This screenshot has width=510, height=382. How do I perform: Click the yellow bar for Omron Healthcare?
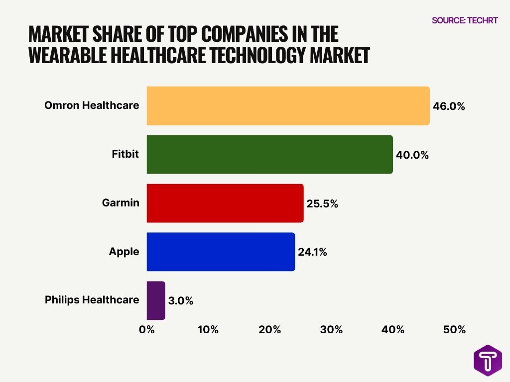click(288, 105)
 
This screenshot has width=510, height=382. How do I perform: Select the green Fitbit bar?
click(269, 154)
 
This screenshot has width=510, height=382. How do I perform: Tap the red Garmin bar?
click(225, 203)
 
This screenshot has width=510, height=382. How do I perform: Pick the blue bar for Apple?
click(221, 252)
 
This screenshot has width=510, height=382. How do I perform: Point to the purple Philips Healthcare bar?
click(155, 300)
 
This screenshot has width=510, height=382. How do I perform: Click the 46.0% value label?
click(449, 106)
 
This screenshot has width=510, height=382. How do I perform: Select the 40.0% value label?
click(412, 155)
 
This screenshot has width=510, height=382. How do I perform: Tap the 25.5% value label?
click(322, 203)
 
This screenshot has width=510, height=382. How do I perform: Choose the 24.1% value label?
click(312, 252)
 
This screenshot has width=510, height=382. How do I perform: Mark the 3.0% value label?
click(180, 301)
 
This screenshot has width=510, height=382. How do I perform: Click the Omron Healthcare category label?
click(92, 105)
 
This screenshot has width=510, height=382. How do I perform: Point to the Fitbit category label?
click(125, 154)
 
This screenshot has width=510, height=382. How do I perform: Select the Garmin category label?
click(121, 203)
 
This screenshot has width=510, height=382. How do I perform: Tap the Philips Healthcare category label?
click(92, 300)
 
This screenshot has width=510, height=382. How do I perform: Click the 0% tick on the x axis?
click(146, 330)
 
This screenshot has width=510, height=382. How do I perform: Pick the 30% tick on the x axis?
click(331, 330)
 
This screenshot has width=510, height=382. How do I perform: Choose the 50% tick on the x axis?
click(454, 330)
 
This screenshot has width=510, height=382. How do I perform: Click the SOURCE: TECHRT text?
click(465, 20)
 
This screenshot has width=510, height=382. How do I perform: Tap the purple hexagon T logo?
click(488, 360)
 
